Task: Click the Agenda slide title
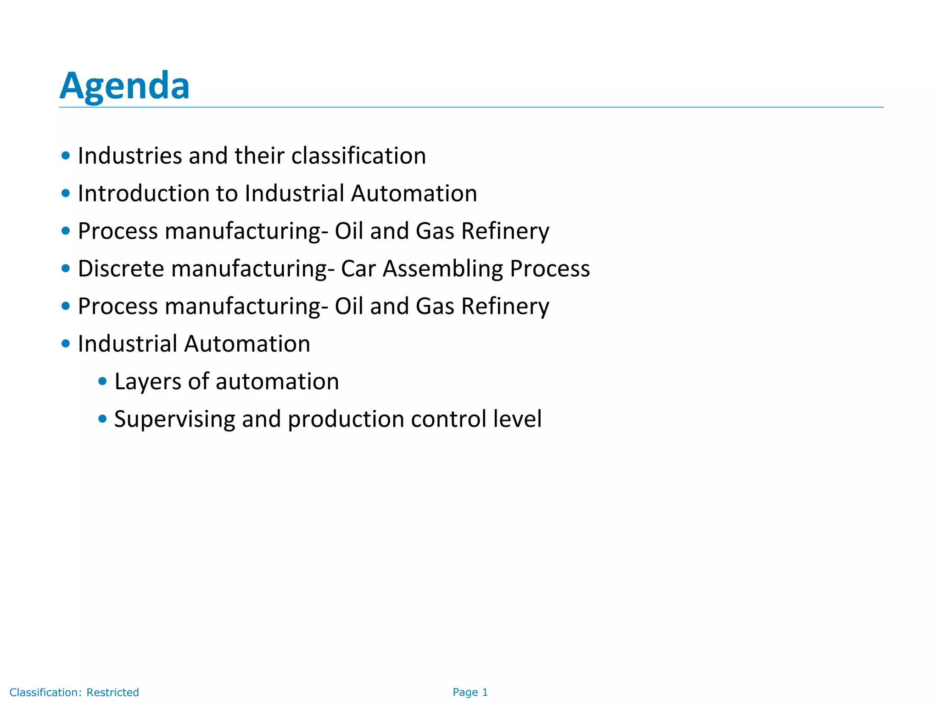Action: click(124, 86)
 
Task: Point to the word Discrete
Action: click(121, 269)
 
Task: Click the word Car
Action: click(358, 269)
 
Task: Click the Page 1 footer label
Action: click(470, 692)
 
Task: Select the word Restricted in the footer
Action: click(112, 692)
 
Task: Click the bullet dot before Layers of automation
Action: click(102, 381)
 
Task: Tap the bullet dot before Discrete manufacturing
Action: click(66, 268)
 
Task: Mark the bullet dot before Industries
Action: click(66, 156)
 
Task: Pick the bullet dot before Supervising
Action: click(102, 419)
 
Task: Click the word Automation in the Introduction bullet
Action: click(414, 193)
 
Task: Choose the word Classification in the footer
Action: click(45, 692)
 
